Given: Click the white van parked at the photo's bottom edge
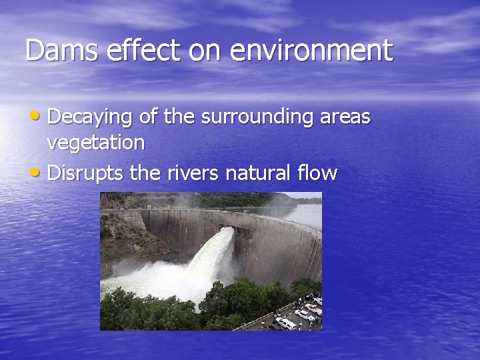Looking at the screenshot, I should click(286, 323).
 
